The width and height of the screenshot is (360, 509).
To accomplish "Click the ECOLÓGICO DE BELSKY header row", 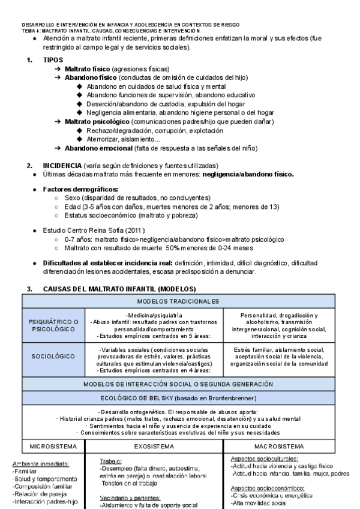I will click(x=182, y=396).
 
